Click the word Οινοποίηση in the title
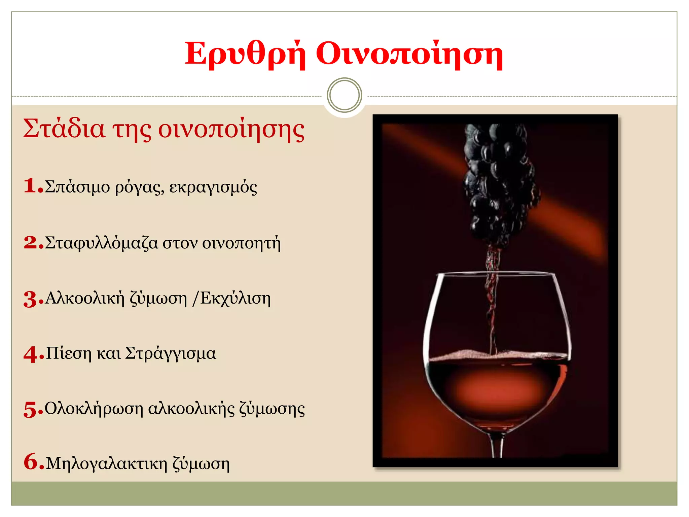click(x=409, y=54)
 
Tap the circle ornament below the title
click(x=344, y=95)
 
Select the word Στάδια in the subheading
click(x=64, y=129)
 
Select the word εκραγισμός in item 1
click(x=213, y=187)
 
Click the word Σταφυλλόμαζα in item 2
click(x=101, y=243)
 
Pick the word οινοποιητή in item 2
click(x=241, y=243)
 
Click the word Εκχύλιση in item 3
click(x=235, y=299)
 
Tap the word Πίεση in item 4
click(x=69, y=353)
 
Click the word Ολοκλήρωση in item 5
click(x=94, y=409)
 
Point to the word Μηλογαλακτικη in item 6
click(x=106, y=463)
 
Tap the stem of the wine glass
click(x=497, y=446)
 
